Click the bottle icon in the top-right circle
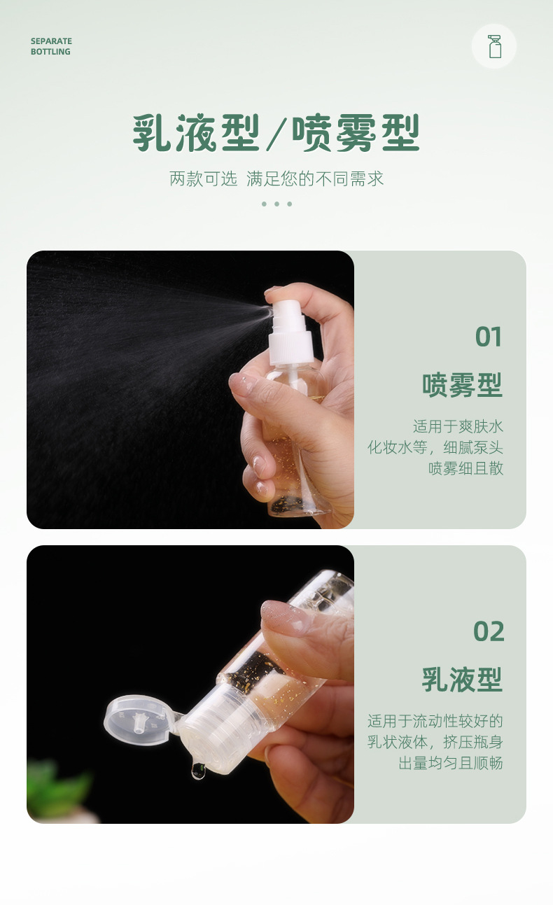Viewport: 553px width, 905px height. pyautogui.click(x=495, y=46)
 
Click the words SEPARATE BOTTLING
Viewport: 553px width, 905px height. pyautogui.click(x=51, y=46)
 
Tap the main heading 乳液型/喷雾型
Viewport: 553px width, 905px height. pyautogui.click(x=276, y=133)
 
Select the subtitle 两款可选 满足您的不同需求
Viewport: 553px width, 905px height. pyautogui.click(x=276, y=178)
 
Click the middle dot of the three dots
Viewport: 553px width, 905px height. pyautogui.click(x=276, y=204)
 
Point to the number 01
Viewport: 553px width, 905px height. pyautogui.click(x=489, y=337)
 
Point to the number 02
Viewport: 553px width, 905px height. pyautogui.click(x=489, y=631)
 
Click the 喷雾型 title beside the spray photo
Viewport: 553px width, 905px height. pyautogui.click(x=462, y=385)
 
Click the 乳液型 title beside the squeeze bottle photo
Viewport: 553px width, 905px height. pyautogui.click(x=462, y=680)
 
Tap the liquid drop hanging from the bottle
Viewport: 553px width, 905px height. pyautogui.click(x=198, y=771)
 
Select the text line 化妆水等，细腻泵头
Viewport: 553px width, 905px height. pyautogui.click(x=435, y=447)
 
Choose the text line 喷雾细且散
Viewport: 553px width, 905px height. pyautogui.click(x=465, y=468)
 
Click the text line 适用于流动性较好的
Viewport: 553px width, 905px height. pyautogui.click(x=435, y=720)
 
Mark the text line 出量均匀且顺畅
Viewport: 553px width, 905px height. pyautogui.click(x=451, y=762)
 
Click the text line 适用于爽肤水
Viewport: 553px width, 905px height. pyautogui.click(x=458, y=426)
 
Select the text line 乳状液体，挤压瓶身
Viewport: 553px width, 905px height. pyautogui.click(x=435, y=741)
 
